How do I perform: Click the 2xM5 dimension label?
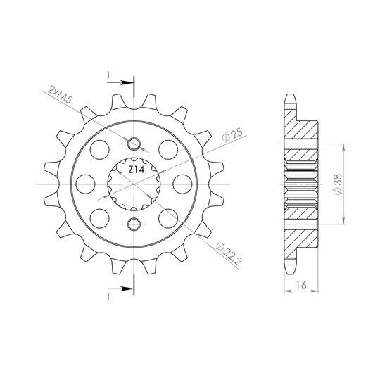click(x=60, y=94)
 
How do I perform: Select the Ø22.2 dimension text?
click(x=229, y=253)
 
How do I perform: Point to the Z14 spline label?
click(x=137, y=170)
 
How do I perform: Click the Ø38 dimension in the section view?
click(x=337, y=184)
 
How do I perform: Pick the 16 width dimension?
click(x=301, y=285)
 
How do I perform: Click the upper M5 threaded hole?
click(x=134, y=144)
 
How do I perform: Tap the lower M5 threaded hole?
click(x=134, y=224)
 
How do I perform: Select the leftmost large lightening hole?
click(x=85, y=184)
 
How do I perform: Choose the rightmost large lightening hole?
click(x=183, y=184)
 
